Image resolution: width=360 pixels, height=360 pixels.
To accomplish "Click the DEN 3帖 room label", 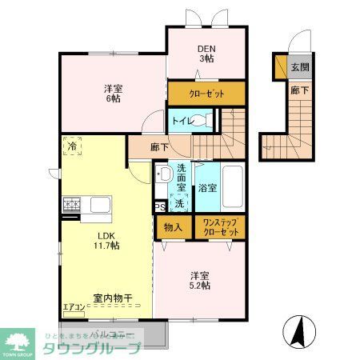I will pos(206,52).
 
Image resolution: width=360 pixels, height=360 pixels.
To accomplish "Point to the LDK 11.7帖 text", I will pos(109,240).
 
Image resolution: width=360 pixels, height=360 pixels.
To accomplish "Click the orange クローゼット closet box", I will pos(206,93).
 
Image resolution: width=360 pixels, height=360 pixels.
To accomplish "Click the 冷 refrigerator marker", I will pos(72,146).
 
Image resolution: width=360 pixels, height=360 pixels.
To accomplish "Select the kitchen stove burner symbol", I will pos(71,205).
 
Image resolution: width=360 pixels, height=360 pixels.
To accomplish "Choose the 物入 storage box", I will pos(174,226).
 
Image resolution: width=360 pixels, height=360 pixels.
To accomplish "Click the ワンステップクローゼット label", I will pos(221,226).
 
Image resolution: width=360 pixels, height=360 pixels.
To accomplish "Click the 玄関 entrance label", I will pos(298,66).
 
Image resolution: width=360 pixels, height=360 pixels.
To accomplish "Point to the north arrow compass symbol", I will pos(298,330).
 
